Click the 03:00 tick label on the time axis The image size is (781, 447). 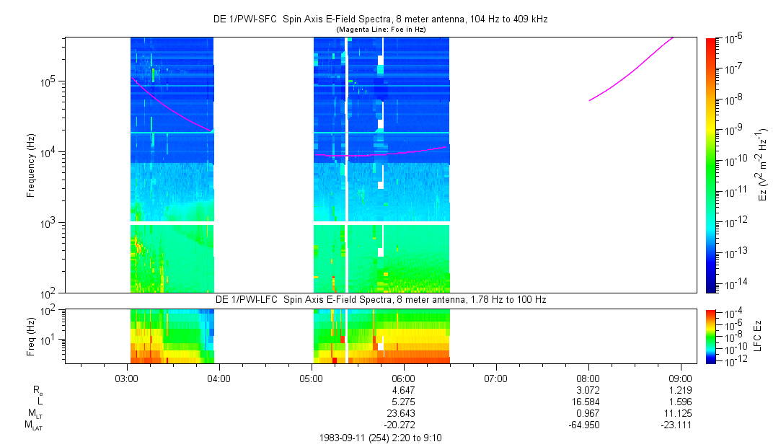tap(127, 378)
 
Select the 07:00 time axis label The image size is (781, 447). tap(495, 378)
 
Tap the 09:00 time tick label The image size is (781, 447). tap(680, 378)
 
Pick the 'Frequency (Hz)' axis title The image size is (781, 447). tap(31, 165)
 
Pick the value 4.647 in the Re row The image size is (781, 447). tap(403, 390)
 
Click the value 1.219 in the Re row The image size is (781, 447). tap(680, 390)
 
